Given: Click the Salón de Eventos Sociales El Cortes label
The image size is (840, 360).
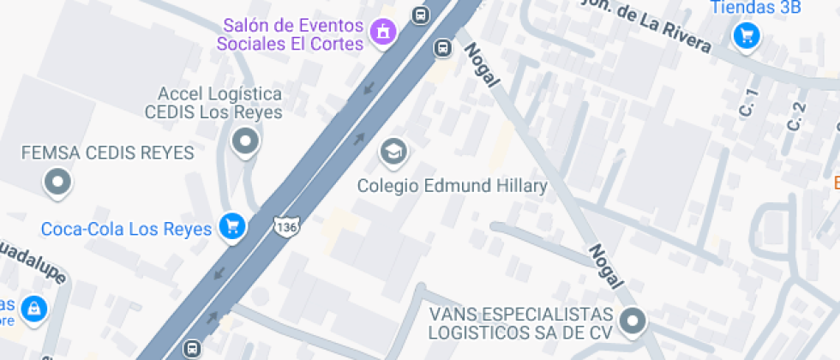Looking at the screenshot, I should (x=290, y=33).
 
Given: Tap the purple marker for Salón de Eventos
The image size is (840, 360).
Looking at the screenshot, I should (x=381, y=33).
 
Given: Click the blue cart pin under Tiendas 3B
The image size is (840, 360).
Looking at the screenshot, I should (x=747, y=36).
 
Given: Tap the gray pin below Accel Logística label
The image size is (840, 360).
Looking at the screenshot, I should (x=246, y=141).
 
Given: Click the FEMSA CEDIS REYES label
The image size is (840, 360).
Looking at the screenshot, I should (x=108, y=153).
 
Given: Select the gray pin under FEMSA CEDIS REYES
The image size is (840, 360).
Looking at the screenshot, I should (x=58, y=181).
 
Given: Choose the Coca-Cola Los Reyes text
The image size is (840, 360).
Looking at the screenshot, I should (x=126, y=229).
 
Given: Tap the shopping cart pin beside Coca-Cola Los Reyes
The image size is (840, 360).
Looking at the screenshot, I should (x=231, y=227).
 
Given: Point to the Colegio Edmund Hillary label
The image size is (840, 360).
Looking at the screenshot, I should (x=452, y=185).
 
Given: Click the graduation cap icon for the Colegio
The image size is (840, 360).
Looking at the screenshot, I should (x=393, y=152).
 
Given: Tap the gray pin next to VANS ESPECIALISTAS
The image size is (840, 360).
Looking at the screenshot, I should (x=633, y=321).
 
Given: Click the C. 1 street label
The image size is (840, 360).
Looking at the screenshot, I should (x=750, y=103).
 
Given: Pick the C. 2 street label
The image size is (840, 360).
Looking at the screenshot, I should (x=796, y=116).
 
